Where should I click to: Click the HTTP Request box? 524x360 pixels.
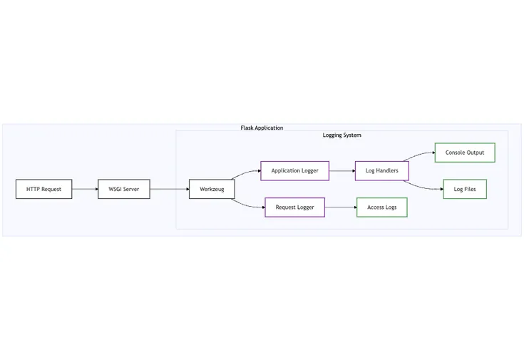point(44,189)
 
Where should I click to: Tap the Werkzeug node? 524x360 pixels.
point(212,189)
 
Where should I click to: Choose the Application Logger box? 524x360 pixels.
point(294,171)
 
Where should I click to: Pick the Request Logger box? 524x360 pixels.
point(294,207)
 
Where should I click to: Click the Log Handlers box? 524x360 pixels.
point(381,171)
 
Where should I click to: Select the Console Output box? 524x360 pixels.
point(464,153)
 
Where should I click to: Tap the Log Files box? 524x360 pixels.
point(464,189)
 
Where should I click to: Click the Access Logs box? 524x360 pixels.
point(381,207)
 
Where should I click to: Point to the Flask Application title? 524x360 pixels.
point(262,128)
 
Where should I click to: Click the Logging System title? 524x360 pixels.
point(342,135)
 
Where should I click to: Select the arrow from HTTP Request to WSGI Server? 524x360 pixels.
point(85,189)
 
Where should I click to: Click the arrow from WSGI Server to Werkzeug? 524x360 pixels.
point(169,189)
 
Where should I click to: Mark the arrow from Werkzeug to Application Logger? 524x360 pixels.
point(247,175)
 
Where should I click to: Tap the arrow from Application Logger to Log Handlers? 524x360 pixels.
point(341,171)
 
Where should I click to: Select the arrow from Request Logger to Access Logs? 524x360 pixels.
point(340,207)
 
